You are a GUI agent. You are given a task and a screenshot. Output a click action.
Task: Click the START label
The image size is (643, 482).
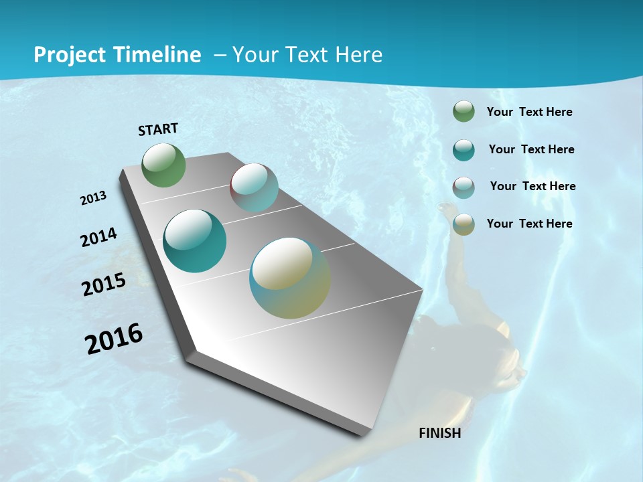pyautogui.click(x=158, y=129)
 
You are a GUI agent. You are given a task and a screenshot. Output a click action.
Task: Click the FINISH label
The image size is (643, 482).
pyautogui.click(x=439, y=433)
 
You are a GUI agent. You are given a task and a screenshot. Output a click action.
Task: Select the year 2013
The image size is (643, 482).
pyautogui.click(x=94, y=197)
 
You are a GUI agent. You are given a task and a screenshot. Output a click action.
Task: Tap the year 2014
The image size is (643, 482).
pyautogui.click(x=99, y=237)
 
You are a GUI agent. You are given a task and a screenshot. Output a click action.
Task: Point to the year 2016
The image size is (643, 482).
pyautogui.click(x=114, y=339)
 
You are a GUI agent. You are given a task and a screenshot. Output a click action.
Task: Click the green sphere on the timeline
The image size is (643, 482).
pyautogui.click(x=164, y=165)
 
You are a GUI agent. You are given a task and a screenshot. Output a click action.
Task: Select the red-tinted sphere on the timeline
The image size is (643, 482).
pyautogui.click(x=254, y=187)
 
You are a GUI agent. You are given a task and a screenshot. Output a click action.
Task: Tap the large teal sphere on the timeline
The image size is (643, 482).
pyautogui.click(x=195, y=241)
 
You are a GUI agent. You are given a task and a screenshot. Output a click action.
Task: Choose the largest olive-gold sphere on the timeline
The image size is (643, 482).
pyautogui.click(x=290, y=278)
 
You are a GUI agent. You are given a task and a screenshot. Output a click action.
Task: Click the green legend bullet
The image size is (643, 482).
pyautogui.click(x=463, y=112)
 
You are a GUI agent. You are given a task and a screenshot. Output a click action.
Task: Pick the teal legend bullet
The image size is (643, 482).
pyautogui.click(x=463, y=149)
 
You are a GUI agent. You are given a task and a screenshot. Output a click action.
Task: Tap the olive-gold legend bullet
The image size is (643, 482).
pyautogui.click(x=463, y=224)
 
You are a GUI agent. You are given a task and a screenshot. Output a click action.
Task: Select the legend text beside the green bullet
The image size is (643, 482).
pyautogui.click(x=529, y=112)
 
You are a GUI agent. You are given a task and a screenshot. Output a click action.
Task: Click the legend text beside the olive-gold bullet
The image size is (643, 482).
pyautogui.click(x=529, y=224)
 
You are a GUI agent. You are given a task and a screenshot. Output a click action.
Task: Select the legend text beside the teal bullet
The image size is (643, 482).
pyautogui.click(x=531, y=149)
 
